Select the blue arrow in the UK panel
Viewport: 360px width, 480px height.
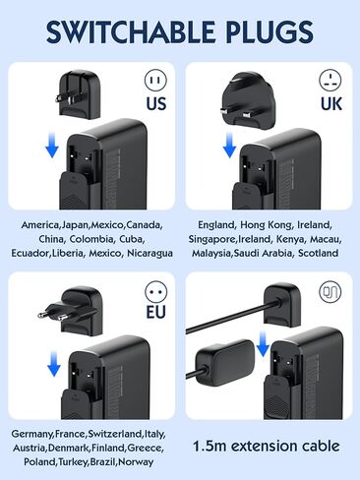point(228,148)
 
